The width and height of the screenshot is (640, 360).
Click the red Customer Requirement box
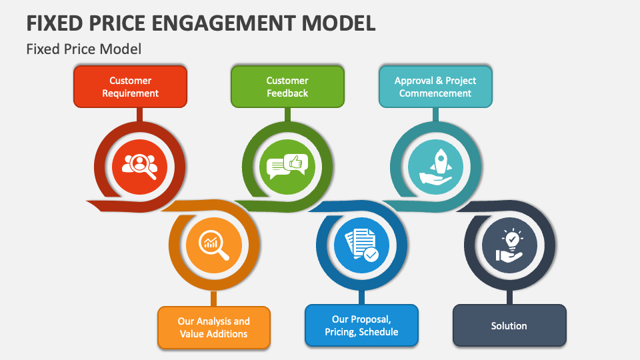pos(130,87)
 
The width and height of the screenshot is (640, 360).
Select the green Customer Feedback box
pos(287,87)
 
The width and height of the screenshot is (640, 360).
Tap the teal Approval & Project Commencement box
pos(435,87)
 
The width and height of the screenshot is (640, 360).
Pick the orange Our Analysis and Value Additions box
pos(213,327)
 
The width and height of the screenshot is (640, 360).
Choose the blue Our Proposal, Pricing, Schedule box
pos(361,325)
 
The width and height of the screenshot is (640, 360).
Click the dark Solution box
pos(509,325)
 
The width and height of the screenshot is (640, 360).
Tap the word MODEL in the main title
pos(338,23)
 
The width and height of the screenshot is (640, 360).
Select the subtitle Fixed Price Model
pos(84,49)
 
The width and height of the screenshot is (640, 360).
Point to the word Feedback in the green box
pos(287,93)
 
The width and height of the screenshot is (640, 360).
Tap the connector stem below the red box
pos(139,114)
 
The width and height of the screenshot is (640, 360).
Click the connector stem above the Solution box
pos(509,297)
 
